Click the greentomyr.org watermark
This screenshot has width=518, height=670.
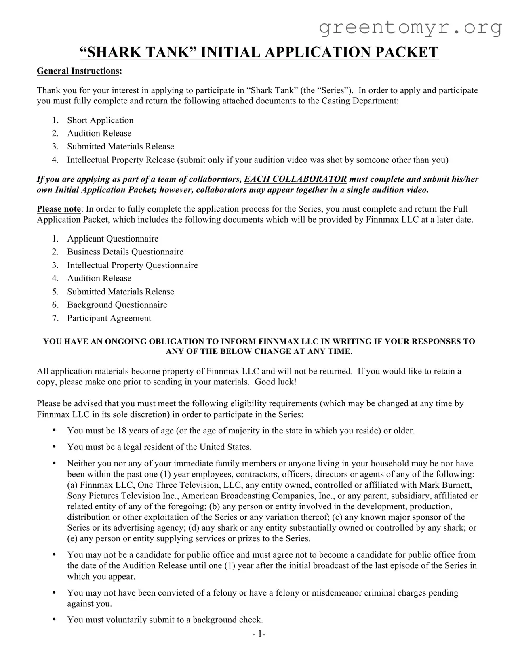click(411, 27)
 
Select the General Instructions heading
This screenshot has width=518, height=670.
click(78, 71)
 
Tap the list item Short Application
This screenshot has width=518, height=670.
click(100, 120)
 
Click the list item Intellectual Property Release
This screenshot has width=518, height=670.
click(121, 160)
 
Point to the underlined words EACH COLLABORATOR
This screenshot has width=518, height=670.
click(295, 179)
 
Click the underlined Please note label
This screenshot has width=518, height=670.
click(59, 209)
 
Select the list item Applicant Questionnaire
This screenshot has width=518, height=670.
click(113, 239)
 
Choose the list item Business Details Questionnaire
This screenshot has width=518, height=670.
click(125, 252)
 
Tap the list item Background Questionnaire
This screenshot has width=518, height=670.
click(117, 305)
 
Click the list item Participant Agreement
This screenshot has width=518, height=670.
click(109, 318)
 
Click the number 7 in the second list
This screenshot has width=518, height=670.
click(55, 318)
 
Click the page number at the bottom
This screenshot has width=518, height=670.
click(259, 634)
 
